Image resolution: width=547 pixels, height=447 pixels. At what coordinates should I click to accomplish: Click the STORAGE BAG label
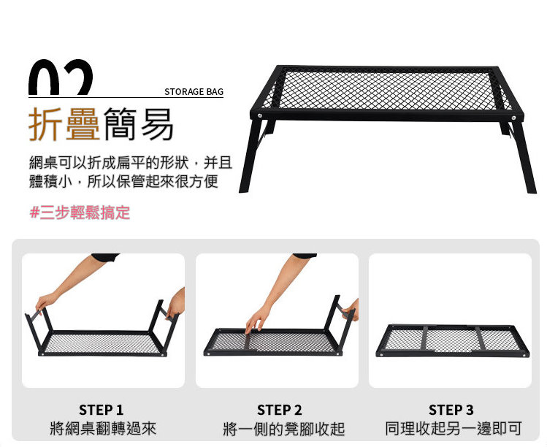(194, 92)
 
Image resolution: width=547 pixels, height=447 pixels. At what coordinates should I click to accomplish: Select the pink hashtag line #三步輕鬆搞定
(80, 212)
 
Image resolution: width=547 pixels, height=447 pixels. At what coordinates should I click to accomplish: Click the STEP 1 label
(102, 410)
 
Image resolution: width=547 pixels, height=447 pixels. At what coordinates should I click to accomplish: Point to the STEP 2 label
(280, 410)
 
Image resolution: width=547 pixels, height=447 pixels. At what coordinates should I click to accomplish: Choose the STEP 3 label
(451, 410)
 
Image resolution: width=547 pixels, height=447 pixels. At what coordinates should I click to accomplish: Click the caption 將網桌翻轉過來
(103, 428)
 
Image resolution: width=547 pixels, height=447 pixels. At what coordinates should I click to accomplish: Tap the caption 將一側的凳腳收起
(283, 429)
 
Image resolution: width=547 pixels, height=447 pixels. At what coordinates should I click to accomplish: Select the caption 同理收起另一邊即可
(454, 428)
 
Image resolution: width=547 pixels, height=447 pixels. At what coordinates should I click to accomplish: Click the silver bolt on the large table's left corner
(259, 115)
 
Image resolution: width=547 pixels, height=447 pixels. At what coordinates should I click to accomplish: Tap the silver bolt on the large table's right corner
(513, 118)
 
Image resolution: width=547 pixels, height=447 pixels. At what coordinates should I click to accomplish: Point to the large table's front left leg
(249, 156)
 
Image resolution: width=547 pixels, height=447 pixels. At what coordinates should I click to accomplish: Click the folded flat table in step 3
(453, 340)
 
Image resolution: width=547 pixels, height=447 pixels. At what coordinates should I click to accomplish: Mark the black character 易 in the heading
(157, 124)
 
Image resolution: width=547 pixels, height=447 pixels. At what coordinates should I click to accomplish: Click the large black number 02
(61, 77)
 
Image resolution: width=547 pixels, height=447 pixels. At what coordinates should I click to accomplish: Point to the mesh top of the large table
(387, 89)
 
